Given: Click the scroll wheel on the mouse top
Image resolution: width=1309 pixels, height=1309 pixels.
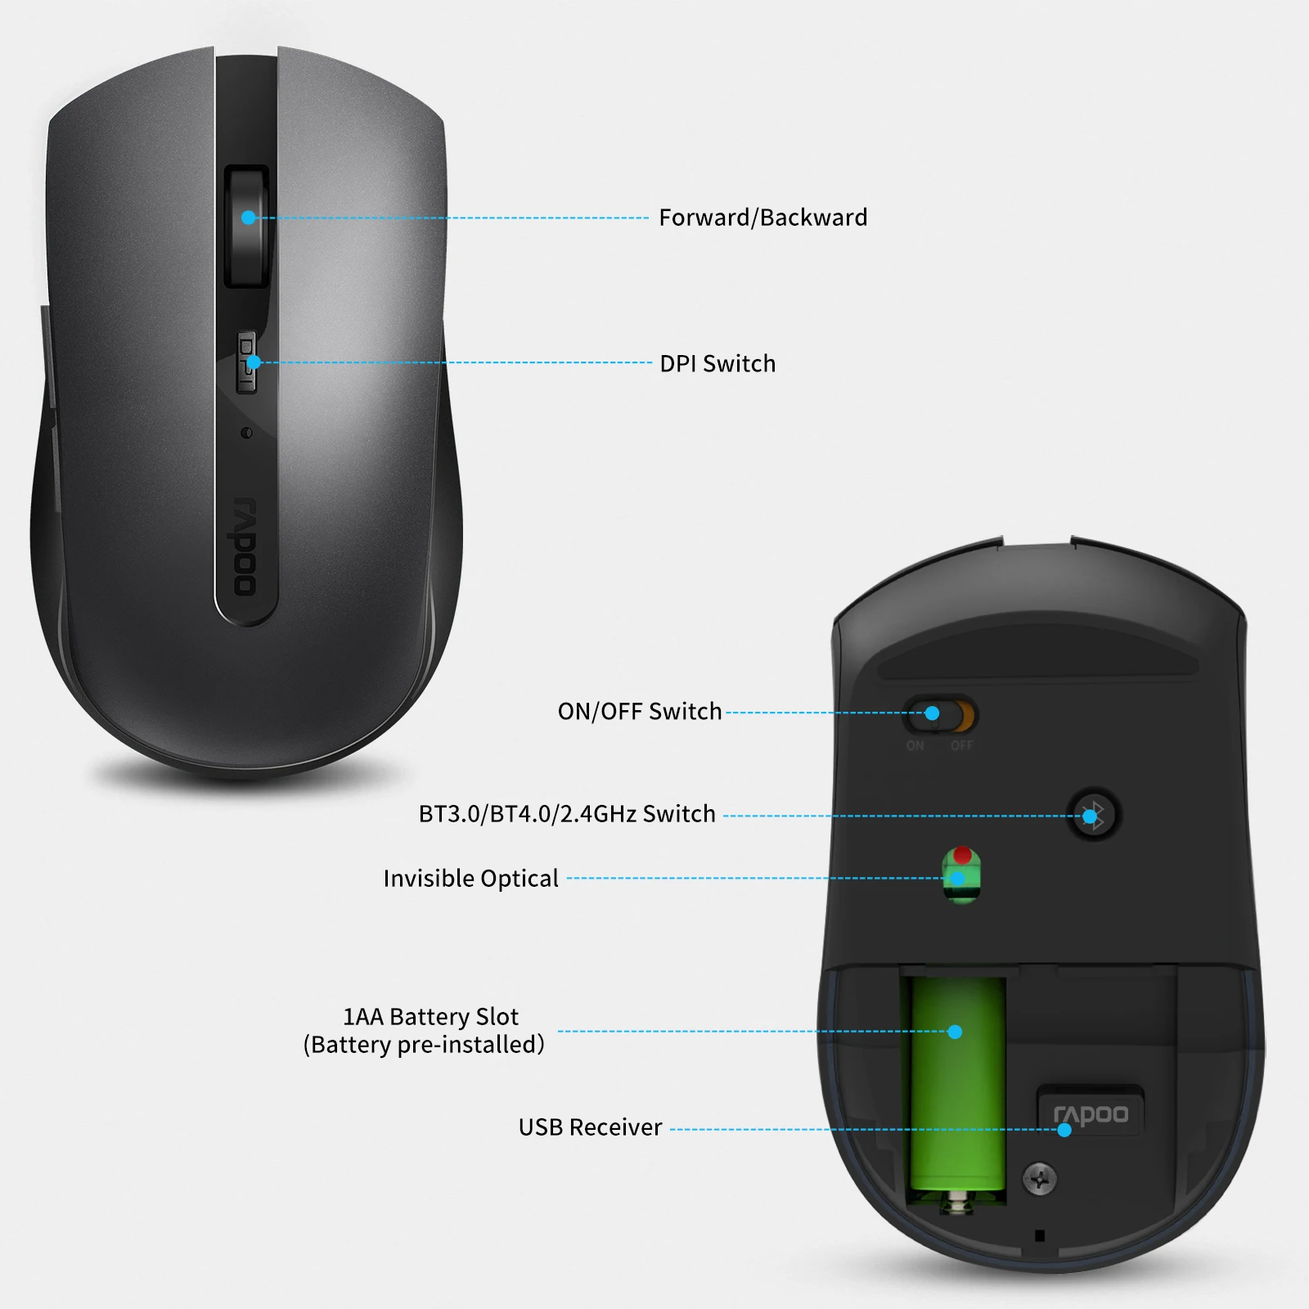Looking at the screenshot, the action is pos(247,226).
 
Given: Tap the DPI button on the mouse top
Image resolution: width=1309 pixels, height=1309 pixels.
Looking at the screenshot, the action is pos(246,362).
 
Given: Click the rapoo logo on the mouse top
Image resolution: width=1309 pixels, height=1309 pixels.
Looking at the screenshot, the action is pos(245,546).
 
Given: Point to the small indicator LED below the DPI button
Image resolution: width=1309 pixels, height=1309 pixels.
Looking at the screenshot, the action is pos(246,433).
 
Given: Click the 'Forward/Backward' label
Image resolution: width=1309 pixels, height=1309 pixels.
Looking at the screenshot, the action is pos(762,218).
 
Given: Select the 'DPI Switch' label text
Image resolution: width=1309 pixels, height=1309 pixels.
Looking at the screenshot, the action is pos(717,363).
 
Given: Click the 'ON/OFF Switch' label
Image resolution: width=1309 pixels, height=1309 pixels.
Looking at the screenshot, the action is pos(639,712).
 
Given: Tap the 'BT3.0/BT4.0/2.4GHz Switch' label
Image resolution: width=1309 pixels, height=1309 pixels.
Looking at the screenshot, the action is pos(567,814).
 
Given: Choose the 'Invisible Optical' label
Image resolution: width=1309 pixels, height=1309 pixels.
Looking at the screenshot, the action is pos(470,879).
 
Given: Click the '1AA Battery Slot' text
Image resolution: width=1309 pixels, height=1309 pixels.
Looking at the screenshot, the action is pos(430,1017).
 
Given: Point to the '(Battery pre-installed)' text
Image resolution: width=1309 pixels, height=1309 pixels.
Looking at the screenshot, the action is pos(424,1045).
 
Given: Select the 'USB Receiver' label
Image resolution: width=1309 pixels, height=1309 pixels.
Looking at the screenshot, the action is pos(590,1127).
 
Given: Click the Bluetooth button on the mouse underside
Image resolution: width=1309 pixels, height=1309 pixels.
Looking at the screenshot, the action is pos(1093,814).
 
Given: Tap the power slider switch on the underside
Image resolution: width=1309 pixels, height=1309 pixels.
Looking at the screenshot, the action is pos(938,714).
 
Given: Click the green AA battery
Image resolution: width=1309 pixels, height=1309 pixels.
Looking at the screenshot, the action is pos(957,1080).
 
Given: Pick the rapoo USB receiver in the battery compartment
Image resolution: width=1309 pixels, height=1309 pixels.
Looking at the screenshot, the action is pos(1090,1113).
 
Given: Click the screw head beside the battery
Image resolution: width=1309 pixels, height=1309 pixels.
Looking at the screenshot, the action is pos(1040,1179).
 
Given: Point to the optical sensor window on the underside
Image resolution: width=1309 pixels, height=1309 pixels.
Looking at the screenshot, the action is pos(961,875).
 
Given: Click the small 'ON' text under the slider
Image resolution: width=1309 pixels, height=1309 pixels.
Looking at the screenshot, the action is pos(915,745).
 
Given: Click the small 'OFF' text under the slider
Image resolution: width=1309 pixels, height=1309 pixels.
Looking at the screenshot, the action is pos(961,745).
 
